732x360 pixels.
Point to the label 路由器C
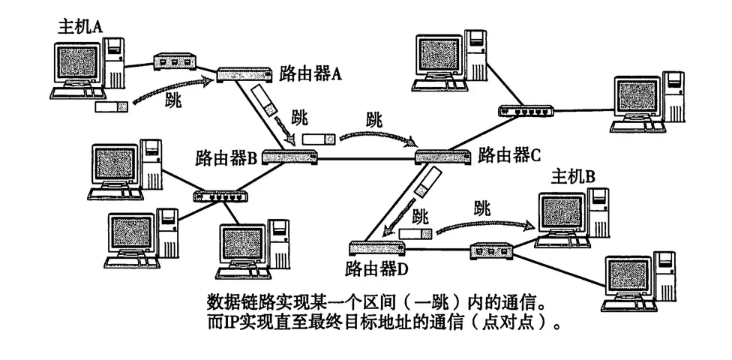point(510,155)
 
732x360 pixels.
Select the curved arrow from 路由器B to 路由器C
point(376,136)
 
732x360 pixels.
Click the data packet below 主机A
point(112,107)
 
